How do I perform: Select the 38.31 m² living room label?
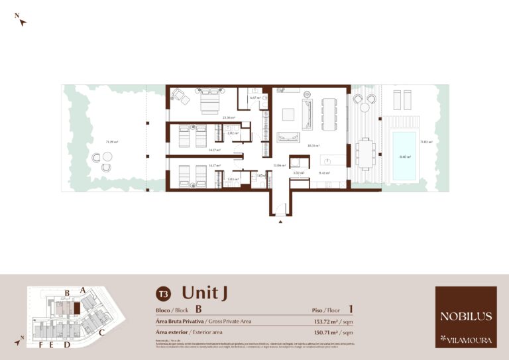tap(313, 145)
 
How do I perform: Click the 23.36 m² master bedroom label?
tap(229, 117)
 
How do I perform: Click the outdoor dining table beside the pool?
tap(365, 154)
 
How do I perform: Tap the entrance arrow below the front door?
tap(280, 222)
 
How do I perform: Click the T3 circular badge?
tap(162, 293)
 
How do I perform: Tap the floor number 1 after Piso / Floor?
tap(350, 309)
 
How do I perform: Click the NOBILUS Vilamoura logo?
tap(465, 316)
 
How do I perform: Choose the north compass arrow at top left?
tap(22, 21)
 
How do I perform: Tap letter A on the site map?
tap(82, 290)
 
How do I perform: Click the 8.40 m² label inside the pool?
tap(404, 157)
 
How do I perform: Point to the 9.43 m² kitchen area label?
tap(324, 173)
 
